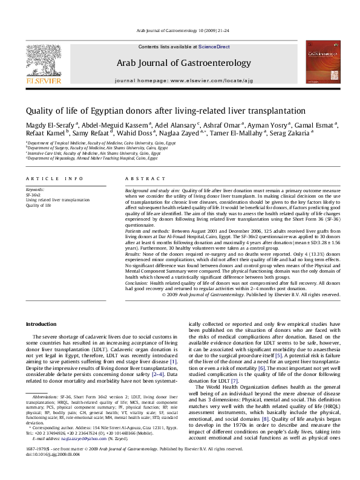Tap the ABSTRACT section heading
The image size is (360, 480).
[x=138, y=180]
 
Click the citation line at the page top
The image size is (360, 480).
[x=180, y=30]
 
